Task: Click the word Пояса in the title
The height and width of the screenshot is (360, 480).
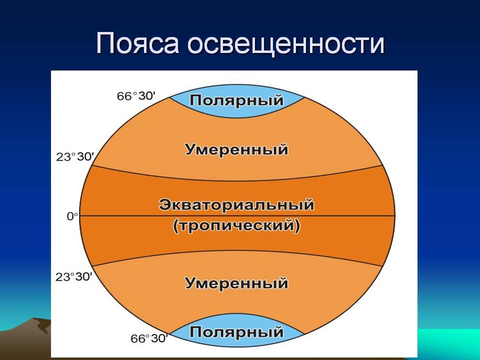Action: [137, 43]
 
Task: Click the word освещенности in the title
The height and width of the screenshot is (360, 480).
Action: [286, 43]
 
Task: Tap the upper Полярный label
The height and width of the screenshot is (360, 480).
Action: [236, 100]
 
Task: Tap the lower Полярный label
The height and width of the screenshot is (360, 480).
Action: [236, 332]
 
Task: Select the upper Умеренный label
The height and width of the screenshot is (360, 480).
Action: [236, 150]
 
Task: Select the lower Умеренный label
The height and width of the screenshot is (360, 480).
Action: [236, 283]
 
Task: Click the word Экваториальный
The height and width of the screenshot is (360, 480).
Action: [236, 204]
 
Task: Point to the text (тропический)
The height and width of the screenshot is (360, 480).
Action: [236, 226]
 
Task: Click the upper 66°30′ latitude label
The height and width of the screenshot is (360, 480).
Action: [136, 96]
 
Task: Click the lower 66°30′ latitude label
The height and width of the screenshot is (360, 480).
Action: [149, 338]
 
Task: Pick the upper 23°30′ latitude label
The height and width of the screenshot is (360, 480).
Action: [74, 156]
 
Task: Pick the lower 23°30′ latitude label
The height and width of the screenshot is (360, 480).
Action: [74, 277]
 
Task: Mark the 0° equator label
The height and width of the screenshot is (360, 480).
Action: [72, 216]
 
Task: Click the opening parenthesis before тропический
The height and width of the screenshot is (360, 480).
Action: [175, 226]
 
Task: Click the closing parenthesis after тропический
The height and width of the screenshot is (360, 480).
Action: [297, 226]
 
